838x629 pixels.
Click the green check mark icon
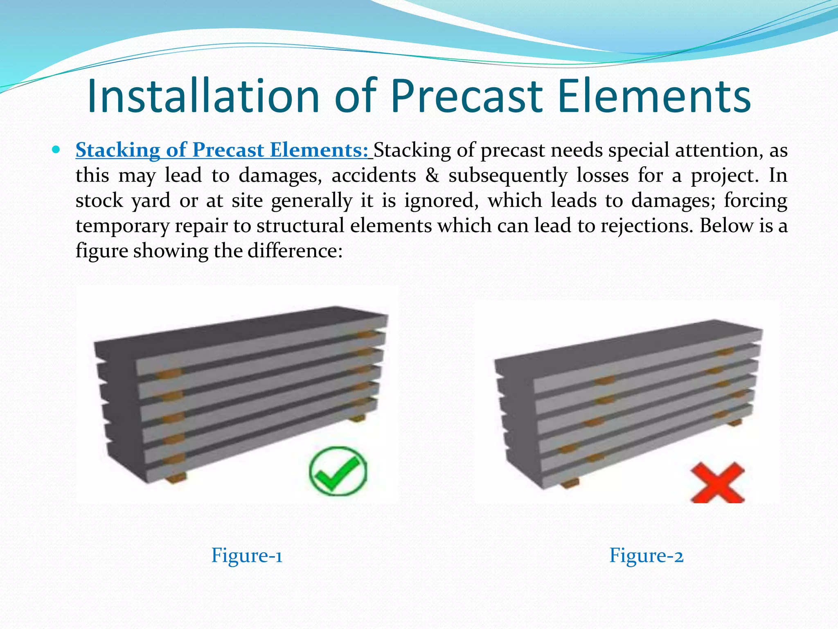(338, 471)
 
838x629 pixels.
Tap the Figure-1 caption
(247, 556)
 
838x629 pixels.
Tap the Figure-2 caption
(646, 556)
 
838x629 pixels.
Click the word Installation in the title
(203, 96)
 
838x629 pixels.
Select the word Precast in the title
(466, 96)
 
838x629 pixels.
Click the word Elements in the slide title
(654, 96)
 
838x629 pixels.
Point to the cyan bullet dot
(56, 149)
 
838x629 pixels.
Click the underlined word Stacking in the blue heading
(118, 150)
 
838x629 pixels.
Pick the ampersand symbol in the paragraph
(432, 175)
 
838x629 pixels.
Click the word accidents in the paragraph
(374, 175)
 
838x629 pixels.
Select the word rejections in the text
(647, 226)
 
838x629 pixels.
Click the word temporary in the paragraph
(122, 226)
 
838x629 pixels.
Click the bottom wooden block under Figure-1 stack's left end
(176, 477)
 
